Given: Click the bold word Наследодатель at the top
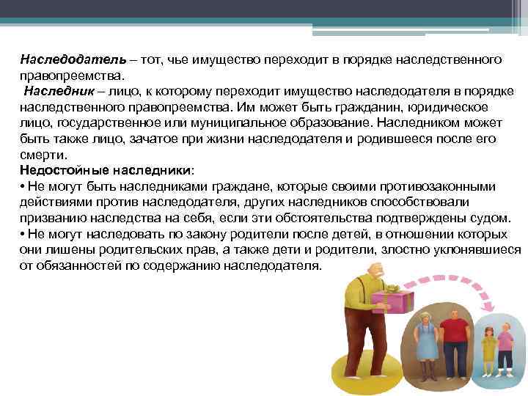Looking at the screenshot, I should [60, 58].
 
